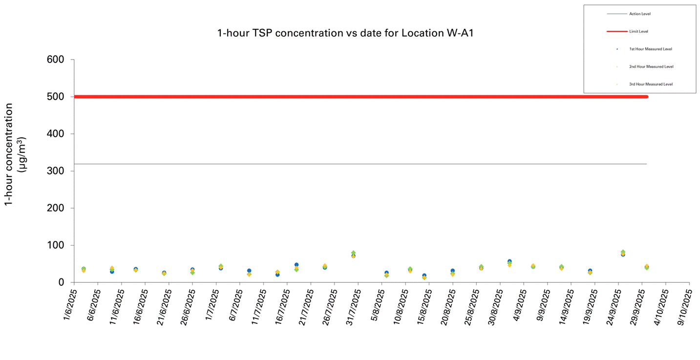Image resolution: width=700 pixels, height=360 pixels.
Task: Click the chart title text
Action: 345,33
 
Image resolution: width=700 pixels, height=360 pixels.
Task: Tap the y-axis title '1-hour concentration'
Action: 9,154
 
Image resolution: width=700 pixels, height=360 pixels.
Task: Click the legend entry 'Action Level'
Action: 640,14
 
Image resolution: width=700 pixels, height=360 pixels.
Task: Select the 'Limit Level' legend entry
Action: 638,31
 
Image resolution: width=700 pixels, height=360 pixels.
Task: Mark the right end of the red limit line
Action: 646,97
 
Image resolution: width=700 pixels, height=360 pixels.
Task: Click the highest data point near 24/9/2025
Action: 623,252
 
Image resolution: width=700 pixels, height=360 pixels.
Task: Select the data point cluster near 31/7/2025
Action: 353,254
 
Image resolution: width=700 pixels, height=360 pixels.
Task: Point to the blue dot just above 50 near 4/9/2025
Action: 509,262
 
